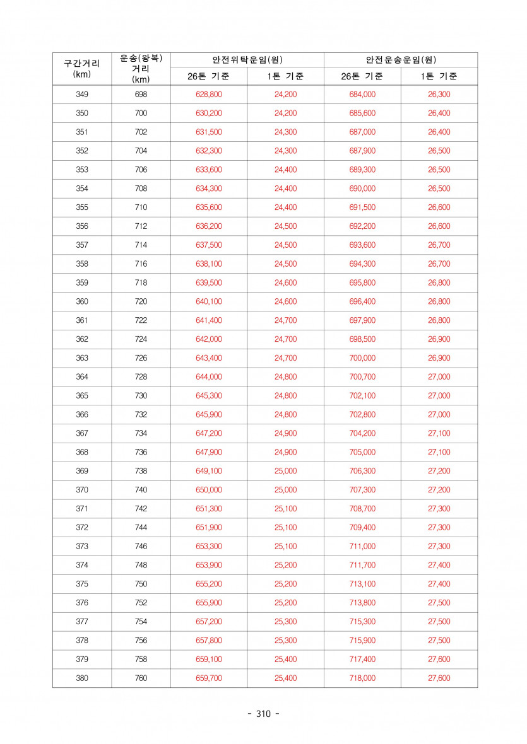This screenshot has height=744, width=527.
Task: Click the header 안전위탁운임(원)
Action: coord(247,60)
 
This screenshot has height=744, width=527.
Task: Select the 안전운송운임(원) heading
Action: coord(401,60)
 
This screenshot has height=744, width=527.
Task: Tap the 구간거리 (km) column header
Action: coord(82,69)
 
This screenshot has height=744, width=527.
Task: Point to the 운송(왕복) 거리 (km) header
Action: coord(141,69)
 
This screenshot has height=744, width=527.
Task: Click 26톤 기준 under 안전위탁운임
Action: coord(208,77)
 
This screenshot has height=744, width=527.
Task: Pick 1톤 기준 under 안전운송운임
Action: coord(439,77)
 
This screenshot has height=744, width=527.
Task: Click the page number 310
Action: coord(263,714)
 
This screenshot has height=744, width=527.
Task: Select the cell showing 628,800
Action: coord(209,95)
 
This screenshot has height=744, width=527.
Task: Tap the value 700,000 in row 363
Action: coord(362,358)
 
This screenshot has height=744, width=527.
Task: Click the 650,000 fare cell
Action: coord(209,490)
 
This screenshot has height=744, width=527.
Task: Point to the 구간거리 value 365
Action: coord(82,396)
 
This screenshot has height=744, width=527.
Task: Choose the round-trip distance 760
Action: coord(141,678)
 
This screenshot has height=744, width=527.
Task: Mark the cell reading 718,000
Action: coord(362,678)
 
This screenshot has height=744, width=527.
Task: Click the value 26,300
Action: coord(439,95)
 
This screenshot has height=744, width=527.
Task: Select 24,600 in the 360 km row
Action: coord(285,301)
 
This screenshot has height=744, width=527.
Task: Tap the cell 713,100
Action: coord(362,584)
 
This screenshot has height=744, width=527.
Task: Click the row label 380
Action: coord(82,678)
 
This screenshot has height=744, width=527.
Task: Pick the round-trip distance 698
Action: coord(141,95)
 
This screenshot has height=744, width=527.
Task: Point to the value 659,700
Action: coord(209,678)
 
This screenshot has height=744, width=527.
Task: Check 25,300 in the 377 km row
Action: coord(285,622)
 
